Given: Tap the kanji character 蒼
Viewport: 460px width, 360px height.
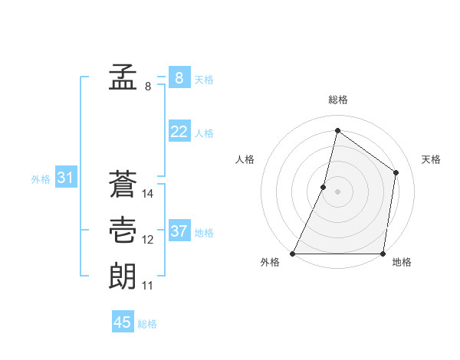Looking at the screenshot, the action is (x=123, y=185).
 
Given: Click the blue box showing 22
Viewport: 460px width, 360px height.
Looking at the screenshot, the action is (x=179, y=132).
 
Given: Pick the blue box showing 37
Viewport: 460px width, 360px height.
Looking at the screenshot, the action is (x=179, y=231).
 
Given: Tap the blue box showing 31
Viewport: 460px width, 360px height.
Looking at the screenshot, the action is (x=65, y=178).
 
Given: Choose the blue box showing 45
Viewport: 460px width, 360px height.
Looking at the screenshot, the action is (x=123, y=322).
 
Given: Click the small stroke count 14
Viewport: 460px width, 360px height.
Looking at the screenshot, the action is (x=148, y=195).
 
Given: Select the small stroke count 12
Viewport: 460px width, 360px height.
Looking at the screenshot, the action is (x=148, y=240).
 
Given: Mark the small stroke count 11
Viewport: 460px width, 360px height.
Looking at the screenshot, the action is (x=148, y=286).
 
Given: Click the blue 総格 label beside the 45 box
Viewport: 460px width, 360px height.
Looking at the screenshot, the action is (x=147, y=324).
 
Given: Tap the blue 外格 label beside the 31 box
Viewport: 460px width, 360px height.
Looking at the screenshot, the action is (x=41, y=180).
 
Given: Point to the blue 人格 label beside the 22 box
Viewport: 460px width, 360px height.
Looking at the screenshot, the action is (x=204, y=133).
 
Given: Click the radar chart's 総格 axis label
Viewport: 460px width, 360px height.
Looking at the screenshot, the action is (x=338, y=100).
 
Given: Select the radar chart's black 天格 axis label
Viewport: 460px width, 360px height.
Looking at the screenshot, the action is (x=432, y=159).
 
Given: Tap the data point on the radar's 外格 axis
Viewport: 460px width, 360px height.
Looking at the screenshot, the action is (x=293, y=254).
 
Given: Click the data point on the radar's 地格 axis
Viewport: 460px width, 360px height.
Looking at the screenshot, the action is (x=383, y=254).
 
